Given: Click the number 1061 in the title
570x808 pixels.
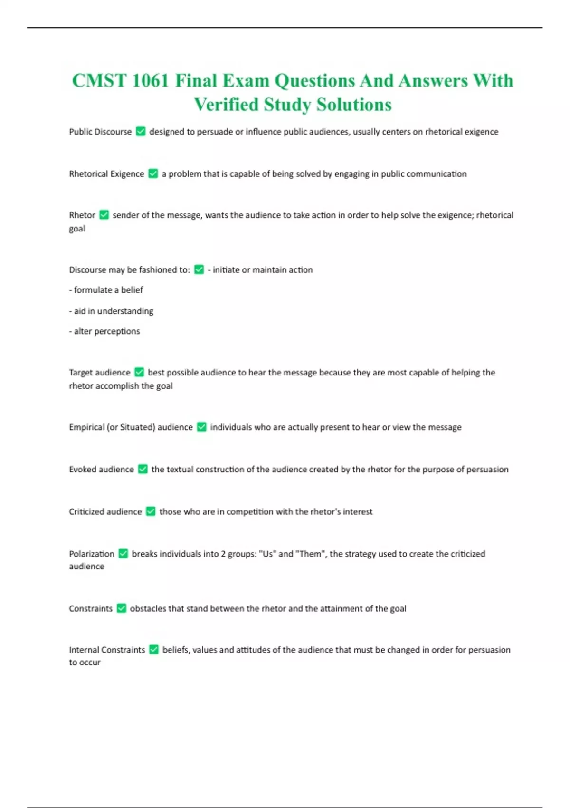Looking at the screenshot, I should [150, 81].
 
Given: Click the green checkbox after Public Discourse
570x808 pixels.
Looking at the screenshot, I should [141, 131].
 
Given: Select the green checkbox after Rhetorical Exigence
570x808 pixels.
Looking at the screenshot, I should [153, 173].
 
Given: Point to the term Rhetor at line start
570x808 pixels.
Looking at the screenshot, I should [82, 215].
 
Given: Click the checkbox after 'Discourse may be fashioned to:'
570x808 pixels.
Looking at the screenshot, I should [199, 269].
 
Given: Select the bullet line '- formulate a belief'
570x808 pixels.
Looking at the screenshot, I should [106, 290].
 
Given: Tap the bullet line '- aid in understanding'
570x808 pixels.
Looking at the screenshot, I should [111, 311].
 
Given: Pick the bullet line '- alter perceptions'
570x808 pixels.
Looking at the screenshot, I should [104, 331].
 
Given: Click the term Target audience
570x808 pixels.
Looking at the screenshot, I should [99, 373].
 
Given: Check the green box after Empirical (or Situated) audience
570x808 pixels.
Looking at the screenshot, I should [201, 427].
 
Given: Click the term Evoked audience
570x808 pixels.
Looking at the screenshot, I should [101, 470].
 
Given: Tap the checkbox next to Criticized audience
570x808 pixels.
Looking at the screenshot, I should [151, 511].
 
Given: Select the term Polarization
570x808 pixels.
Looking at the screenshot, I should [92, 554].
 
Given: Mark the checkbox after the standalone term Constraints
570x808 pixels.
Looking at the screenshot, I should [122, 608].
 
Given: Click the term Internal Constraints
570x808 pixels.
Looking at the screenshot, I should [107, 650].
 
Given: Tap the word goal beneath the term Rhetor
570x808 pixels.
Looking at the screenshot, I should [77, 229].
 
